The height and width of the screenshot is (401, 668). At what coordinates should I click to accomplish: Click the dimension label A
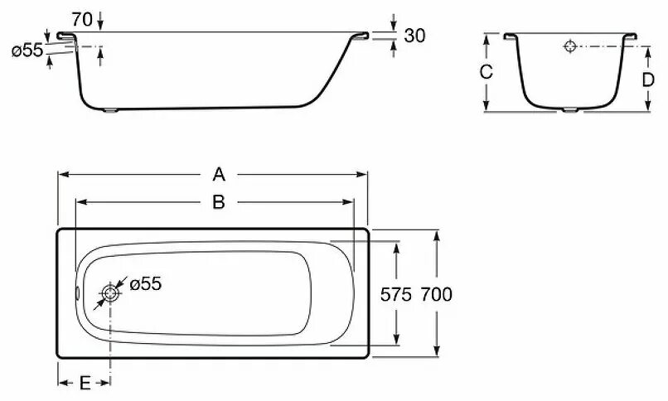click(x=219, y=174)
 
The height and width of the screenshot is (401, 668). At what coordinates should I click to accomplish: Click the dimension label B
click(x=219, y=201)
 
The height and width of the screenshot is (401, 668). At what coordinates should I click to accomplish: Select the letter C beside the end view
click(x=486, y=72)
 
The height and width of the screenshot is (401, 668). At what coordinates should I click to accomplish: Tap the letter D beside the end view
click(x=649, y=80)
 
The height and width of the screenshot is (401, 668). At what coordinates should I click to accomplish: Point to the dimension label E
click(x=84, y=383)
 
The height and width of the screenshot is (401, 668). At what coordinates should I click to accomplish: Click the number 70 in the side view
click(x=81, y=17)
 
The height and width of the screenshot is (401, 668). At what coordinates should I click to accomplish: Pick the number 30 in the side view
click(x=414, y=36)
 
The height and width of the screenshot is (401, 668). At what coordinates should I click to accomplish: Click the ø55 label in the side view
click(x=27, y=51)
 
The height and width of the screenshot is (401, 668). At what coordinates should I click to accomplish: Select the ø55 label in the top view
click(x=145, y=284)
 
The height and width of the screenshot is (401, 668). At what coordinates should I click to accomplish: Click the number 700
click(x=437, y=294)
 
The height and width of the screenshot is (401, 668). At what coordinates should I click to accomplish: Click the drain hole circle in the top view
click(x=109, y=293)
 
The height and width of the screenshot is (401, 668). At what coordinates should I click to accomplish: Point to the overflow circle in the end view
click(x=570, y=46)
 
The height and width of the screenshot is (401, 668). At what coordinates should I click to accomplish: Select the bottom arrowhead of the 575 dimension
click(x=397, y=341)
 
